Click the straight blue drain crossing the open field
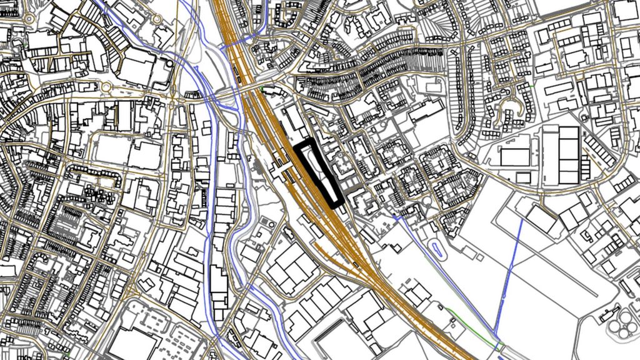coord(509,275)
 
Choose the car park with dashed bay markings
coord(178,337)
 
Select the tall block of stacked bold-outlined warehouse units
coord(568,154)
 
